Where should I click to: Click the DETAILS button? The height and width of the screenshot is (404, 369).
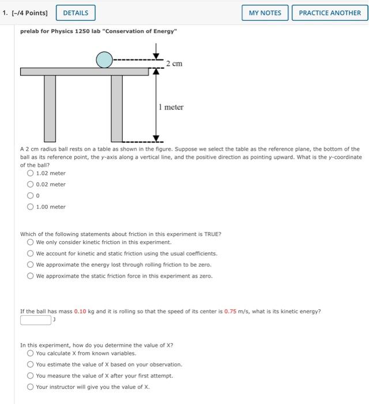point(76,13)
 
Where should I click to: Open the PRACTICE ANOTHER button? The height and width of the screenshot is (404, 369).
point(330,13)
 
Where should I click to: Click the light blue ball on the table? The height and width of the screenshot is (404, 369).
point(104,59)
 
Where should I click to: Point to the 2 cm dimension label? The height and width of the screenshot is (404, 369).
point(174,63)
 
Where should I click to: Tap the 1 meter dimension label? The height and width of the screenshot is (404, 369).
point(171,107)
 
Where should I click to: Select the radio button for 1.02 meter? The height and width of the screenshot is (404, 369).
point(30,173)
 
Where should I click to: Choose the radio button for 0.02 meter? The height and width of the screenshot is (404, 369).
point(30,184)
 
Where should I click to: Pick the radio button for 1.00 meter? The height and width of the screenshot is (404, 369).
point(30,207)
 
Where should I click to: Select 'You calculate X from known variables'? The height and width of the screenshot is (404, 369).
point(30,353)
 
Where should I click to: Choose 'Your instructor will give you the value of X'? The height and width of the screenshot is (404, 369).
point(30,387)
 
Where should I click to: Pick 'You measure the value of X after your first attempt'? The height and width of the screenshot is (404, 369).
point(30,376)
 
